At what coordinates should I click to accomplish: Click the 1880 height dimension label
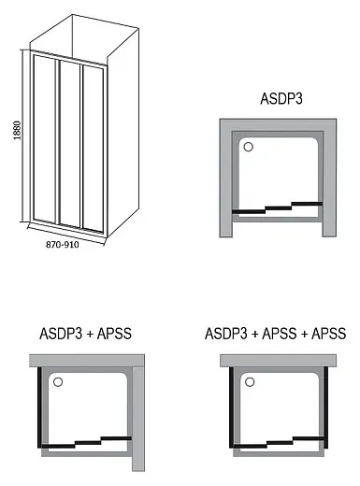pos(18,130)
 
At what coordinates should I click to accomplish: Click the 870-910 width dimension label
pos(63,245)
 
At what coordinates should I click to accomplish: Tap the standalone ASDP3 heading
pos(281,99)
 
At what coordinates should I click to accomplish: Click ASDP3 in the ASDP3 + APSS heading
pos(61,334)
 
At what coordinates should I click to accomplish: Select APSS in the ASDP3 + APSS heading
pos(114,334)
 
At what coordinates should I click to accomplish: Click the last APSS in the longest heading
pos(329,334)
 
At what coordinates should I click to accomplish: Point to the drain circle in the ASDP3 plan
pos(248,147)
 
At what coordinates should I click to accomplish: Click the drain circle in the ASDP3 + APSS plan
pos(58,382)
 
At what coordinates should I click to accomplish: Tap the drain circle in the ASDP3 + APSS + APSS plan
pos(250,382)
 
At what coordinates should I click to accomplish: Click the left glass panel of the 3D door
pos(45,139)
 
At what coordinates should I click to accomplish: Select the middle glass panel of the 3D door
pos(70,144)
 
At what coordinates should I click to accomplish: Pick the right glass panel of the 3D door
pos(93,149)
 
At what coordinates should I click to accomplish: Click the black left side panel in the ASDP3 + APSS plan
pos(39,407)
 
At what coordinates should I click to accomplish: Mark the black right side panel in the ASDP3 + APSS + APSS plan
pos(326,407)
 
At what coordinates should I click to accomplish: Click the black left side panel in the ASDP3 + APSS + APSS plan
pos(231,407)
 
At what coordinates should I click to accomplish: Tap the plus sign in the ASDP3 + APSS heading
pos(90,335)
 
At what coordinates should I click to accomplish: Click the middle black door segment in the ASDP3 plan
pos(279,207)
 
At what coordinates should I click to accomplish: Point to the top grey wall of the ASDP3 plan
pos(278,124)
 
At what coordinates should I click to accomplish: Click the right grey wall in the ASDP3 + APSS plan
pos(138,419)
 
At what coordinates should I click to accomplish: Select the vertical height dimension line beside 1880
pos(22,136)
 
